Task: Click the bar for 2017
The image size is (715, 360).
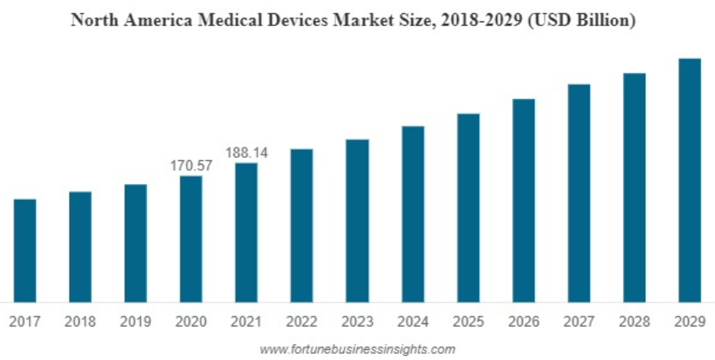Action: point(24,250)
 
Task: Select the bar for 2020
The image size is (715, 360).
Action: point(191,239)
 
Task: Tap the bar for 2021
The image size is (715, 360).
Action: point(246,232)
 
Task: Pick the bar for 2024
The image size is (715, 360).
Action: point(413,214)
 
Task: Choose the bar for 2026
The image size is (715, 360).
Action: point(524,200)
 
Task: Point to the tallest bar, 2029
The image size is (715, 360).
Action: point(690,180)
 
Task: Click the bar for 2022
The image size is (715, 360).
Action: point(302,225)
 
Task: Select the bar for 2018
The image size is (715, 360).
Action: point(80,247)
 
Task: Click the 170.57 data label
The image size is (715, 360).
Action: point(191,165)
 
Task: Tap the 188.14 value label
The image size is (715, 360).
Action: point(246,153)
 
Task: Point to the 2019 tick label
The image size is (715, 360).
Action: point(135,322)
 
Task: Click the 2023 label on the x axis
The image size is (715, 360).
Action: point(357,322)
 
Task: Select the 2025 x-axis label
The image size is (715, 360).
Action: point(468,322)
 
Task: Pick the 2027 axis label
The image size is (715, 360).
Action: point(579,322)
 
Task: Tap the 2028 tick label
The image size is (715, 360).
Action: point(634,322)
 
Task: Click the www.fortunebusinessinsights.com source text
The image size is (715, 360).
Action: point(357,349)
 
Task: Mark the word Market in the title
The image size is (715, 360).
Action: point(374,21)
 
